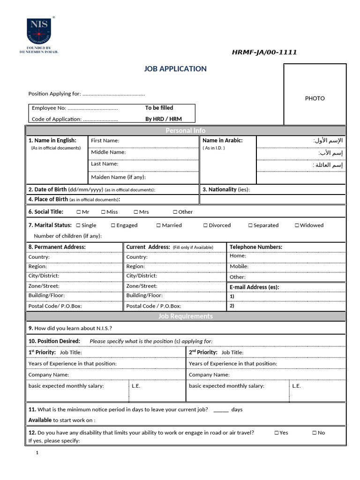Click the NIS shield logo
pos(39,31)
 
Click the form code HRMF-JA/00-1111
pos(264,52)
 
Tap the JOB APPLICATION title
pos(175,69)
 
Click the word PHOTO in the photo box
pos(315,98)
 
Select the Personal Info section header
pos(186,130)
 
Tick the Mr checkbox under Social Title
pos(78,212)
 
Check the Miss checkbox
pos(103,212)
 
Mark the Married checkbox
pos(159,225)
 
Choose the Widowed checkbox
pos(297,225)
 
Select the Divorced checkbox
pos(205,225)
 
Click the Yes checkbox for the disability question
pos(276,433)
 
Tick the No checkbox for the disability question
pos(315,433)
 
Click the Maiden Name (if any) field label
pos(118,177)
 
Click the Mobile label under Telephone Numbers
pos(239,266)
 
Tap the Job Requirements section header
pos(186,316)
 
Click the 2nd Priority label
pos(203,352)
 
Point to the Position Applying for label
pos(54,94)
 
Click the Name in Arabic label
pos(222,140)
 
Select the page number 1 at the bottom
pos(37,453)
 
